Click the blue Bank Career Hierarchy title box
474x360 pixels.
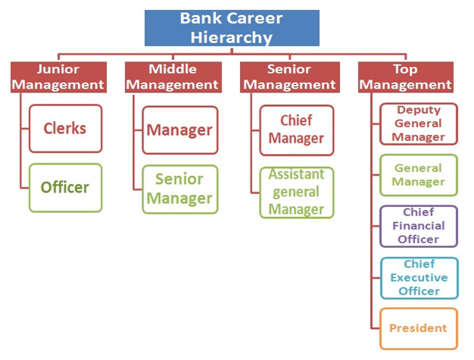coord(232,28)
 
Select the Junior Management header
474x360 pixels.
coord(58,77)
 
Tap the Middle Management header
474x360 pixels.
coord(173,77)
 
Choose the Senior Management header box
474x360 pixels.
coord(290,77)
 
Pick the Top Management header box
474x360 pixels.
coord(406,77)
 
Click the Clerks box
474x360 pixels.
coord(66,129)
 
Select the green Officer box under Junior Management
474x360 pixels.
coord(66,187)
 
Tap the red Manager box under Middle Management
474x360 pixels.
coord(180,130)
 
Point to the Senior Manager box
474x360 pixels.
coord(180,189)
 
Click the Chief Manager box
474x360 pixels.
coord(297,130)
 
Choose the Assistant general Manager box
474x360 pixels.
coord(297,193)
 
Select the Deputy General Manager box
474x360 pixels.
coord(419,124)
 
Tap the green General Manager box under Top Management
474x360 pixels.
coord(419,175)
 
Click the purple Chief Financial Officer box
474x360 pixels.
coord(419,227)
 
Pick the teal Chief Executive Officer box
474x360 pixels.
coord(419,278)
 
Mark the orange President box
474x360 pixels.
coord(419,328)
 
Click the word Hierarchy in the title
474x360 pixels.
coord(232,37)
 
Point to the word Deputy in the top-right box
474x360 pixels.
coord(419,110)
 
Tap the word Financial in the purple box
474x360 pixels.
coord(419,226)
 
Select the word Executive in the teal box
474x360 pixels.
coord(419,277)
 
